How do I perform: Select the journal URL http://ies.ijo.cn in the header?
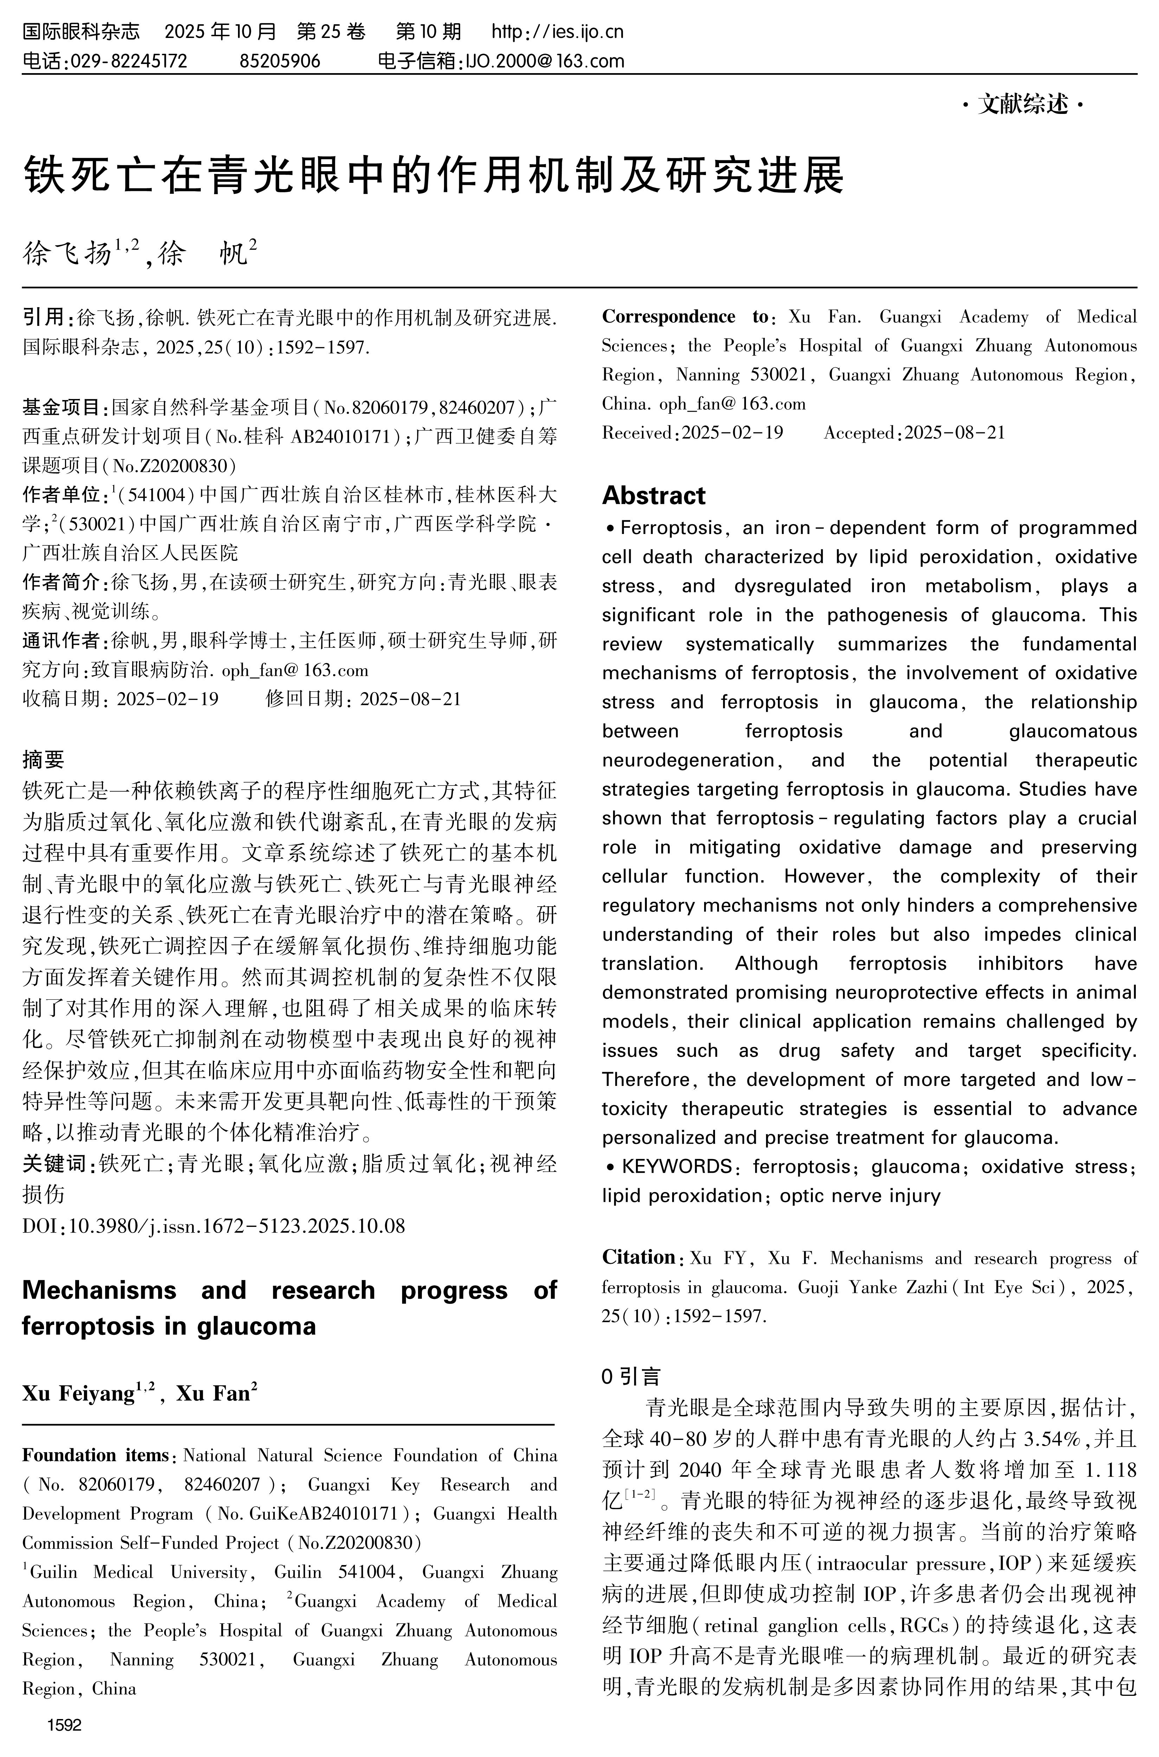557,32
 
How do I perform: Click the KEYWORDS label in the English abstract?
676,1166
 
